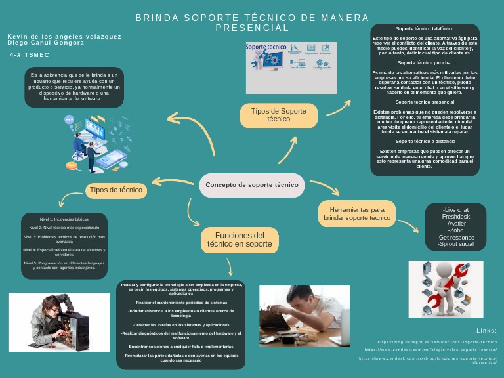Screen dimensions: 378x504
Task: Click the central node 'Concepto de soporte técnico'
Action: click(x=252, y=185)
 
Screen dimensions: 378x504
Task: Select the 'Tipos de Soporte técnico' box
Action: click(x=278, y=115)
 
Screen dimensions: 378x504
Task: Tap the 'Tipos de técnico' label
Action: click(x=116, y=190)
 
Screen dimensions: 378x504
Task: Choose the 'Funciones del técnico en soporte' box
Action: click(x=240, y=240)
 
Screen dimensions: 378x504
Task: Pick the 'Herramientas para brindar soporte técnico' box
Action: click(x=357, y=213)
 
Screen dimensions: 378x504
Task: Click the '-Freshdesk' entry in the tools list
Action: click(x=455, y=217)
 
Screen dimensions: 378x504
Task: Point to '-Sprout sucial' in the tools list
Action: click(x=455, y=243)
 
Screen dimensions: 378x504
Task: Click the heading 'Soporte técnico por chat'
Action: click(x=425, y=62)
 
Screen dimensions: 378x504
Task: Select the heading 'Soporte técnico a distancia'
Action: click(x=425, y=141)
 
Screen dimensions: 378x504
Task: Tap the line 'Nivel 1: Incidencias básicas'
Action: click(x=64, y=218)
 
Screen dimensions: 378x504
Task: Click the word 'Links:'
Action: click(x=486, y=330)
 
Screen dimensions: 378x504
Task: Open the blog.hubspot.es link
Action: click(x=438, y=342)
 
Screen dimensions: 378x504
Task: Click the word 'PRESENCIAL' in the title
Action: click(x=252, y=28)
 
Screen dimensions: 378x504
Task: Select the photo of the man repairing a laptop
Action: click(x=304, y=315)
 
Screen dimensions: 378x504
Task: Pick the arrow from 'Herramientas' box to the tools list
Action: click(x=408, y=225)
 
